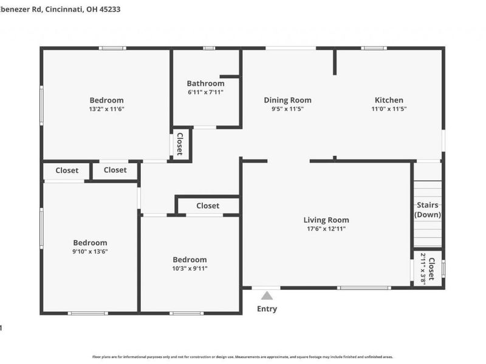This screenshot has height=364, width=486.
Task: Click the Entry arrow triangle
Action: click(x=267, y=295)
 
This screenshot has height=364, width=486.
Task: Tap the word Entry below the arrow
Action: click(x=267, y=309)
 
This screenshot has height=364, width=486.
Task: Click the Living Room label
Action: click(x=326, y=220)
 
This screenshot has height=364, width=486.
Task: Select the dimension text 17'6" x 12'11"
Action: click(x=326, y=229)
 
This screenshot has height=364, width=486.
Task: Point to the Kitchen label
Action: click(x=389, y=100)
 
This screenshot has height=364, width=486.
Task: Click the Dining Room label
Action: click(x=287, y=100)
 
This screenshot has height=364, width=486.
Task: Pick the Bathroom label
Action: click(x=205, y=84)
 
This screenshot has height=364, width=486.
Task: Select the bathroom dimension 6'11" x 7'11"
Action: click(x=205, y=92)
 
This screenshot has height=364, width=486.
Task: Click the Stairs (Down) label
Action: click(x=428, y=210)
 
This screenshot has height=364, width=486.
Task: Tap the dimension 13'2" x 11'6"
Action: click(x=106, y=109)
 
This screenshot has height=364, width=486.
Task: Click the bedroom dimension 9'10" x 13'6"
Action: click(x=90, y=251)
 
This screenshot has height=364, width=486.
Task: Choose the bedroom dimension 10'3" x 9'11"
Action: click(x=190, y=268)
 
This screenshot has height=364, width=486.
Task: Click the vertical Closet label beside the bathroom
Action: click(x=180, y=144)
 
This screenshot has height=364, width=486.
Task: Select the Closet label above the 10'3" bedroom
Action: click(x=208, y=206)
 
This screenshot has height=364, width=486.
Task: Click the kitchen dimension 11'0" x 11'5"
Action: click(x=389, y=109)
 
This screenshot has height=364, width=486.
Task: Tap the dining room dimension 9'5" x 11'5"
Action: click(x=287, y=109)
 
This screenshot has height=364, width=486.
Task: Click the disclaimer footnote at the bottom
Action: click(x=243, y=357)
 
